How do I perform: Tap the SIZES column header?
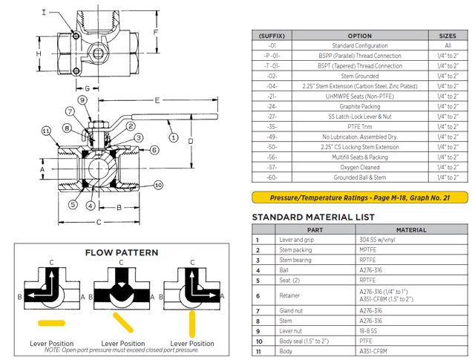[x=448, y=35]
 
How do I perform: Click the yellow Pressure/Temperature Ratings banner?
[x=360, y=197]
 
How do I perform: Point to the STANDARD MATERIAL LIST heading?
[x=313, y=217]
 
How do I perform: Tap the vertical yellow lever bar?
[x=191, y=323]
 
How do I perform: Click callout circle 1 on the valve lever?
[x=174, y=137]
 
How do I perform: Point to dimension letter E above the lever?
[x=157, y=99]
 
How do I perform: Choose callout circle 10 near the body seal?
[x=158, y=185]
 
